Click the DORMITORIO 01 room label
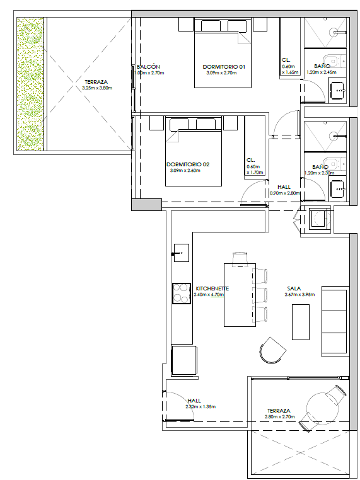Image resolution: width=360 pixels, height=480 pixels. (224, 66)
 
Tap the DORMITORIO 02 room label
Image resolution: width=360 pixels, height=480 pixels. (188, 164)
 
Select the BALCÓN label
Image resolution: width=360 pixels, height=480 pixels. (149, 67)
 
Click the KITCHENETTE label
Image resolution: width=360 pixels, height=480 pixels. (212, 289)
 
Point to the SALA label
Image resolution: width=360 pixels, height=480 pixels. (294, 289)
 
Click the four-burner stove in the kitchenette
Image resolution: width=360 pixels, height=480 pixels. (181, 294)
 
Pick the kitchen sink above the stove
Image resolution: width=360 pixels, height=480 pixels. (182, 253)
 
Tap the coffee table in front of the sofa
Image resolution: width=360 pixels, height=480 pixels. (301, 322)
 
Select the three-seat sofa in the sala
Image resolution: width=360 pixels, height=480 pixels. (335, 321)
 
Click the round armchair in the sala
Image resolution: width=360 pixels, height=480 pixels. (272, 350)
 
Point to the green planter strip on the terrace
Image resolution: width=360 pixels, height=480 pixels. (30, 84)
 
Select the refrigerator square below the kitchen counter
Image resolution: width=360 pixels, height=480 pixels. (184, 360)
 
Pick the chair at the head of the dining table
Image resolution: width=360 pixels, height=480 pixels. (240, 258)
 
